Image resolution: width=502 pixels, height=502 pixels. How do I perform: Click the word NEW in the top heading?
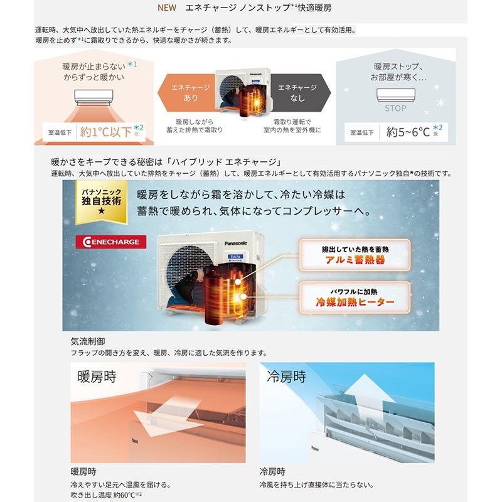[x=167, y=8]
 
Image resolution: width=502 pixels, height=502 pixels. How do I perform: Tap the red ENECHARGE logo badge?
[x=111, y=242]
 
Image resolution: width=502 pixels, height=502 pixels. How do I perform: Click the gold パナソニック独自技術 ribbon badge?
[x=102, y=201]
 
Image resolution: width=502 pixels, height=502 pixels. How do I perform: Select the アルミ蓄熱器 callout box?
[x=355, y=255]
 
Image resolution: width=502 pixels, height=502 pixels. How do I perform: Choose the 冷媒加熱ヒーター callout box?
[x=355, y=297]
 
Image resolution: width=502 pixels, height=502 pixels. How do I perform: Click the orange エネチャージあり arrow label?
[x=186, y=92]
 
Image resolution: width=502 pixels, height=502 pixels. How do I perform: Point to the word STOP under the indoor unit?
[x=395, y=109]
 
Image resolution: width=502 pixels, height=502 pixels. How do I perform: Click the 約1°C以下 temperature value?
[x=105, y=132]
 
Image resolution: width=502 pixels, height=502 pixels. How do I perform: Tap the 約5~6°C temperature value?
[x=408, y=132]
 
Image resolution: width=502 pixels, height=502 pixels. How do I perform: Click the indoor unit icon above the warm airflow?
[x=93, y=97]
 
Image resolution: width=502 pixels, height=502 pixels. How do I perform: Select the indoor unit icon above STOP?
[x=396, y=95]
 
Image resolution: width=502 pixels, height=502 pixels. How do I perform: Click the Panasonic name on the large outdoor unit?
[x=236, y=243]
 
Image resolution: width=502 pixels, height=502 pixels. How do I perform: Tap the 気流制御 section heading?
[x=88, y=341]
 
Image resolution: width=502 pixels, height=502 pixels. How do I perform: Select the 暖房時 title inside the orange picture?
[x=97, y=376]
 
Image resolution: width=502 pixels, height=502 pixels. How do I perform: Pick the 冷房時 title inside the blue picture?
[x=287, y=376]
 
